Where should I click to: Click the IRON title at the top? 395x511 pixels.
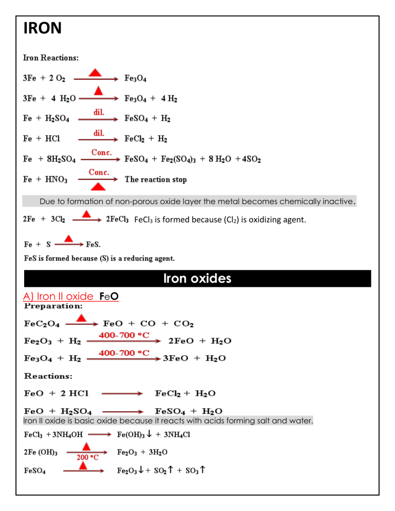coord(43,28)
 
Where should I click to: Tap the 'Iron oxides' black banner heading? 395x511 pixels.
coord(197,279)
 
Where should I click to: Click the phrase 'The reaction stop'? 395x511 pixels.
coord(156,179)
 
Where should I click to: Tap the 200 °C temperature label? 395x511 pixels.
coord(88,455)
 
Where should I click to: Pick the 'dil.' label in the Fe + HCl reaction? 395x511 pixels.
coord(99,133)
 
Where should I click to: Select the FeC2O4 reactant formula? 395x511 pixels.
coord(42,324)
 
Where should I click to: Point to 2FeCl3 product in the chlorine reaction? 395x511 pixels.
coord(117,221)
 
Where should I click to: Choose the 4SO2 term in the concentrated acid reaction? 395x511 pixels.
coord(249,160)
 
